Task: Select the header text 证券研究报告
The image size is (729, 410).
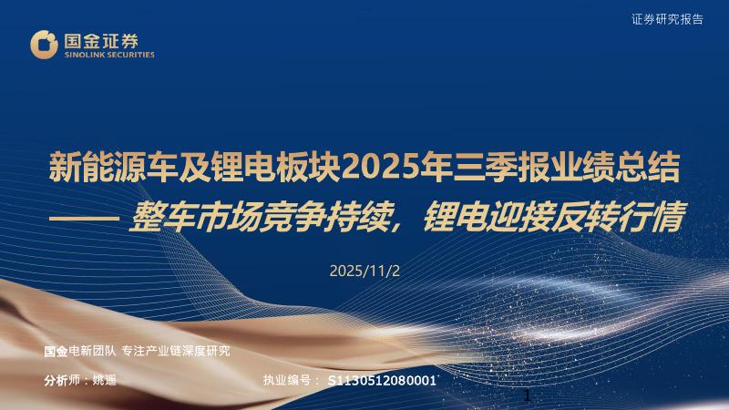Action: (x=680, y=19)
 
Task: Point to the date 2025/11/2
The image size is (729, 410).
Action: (x=364, y=271)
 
